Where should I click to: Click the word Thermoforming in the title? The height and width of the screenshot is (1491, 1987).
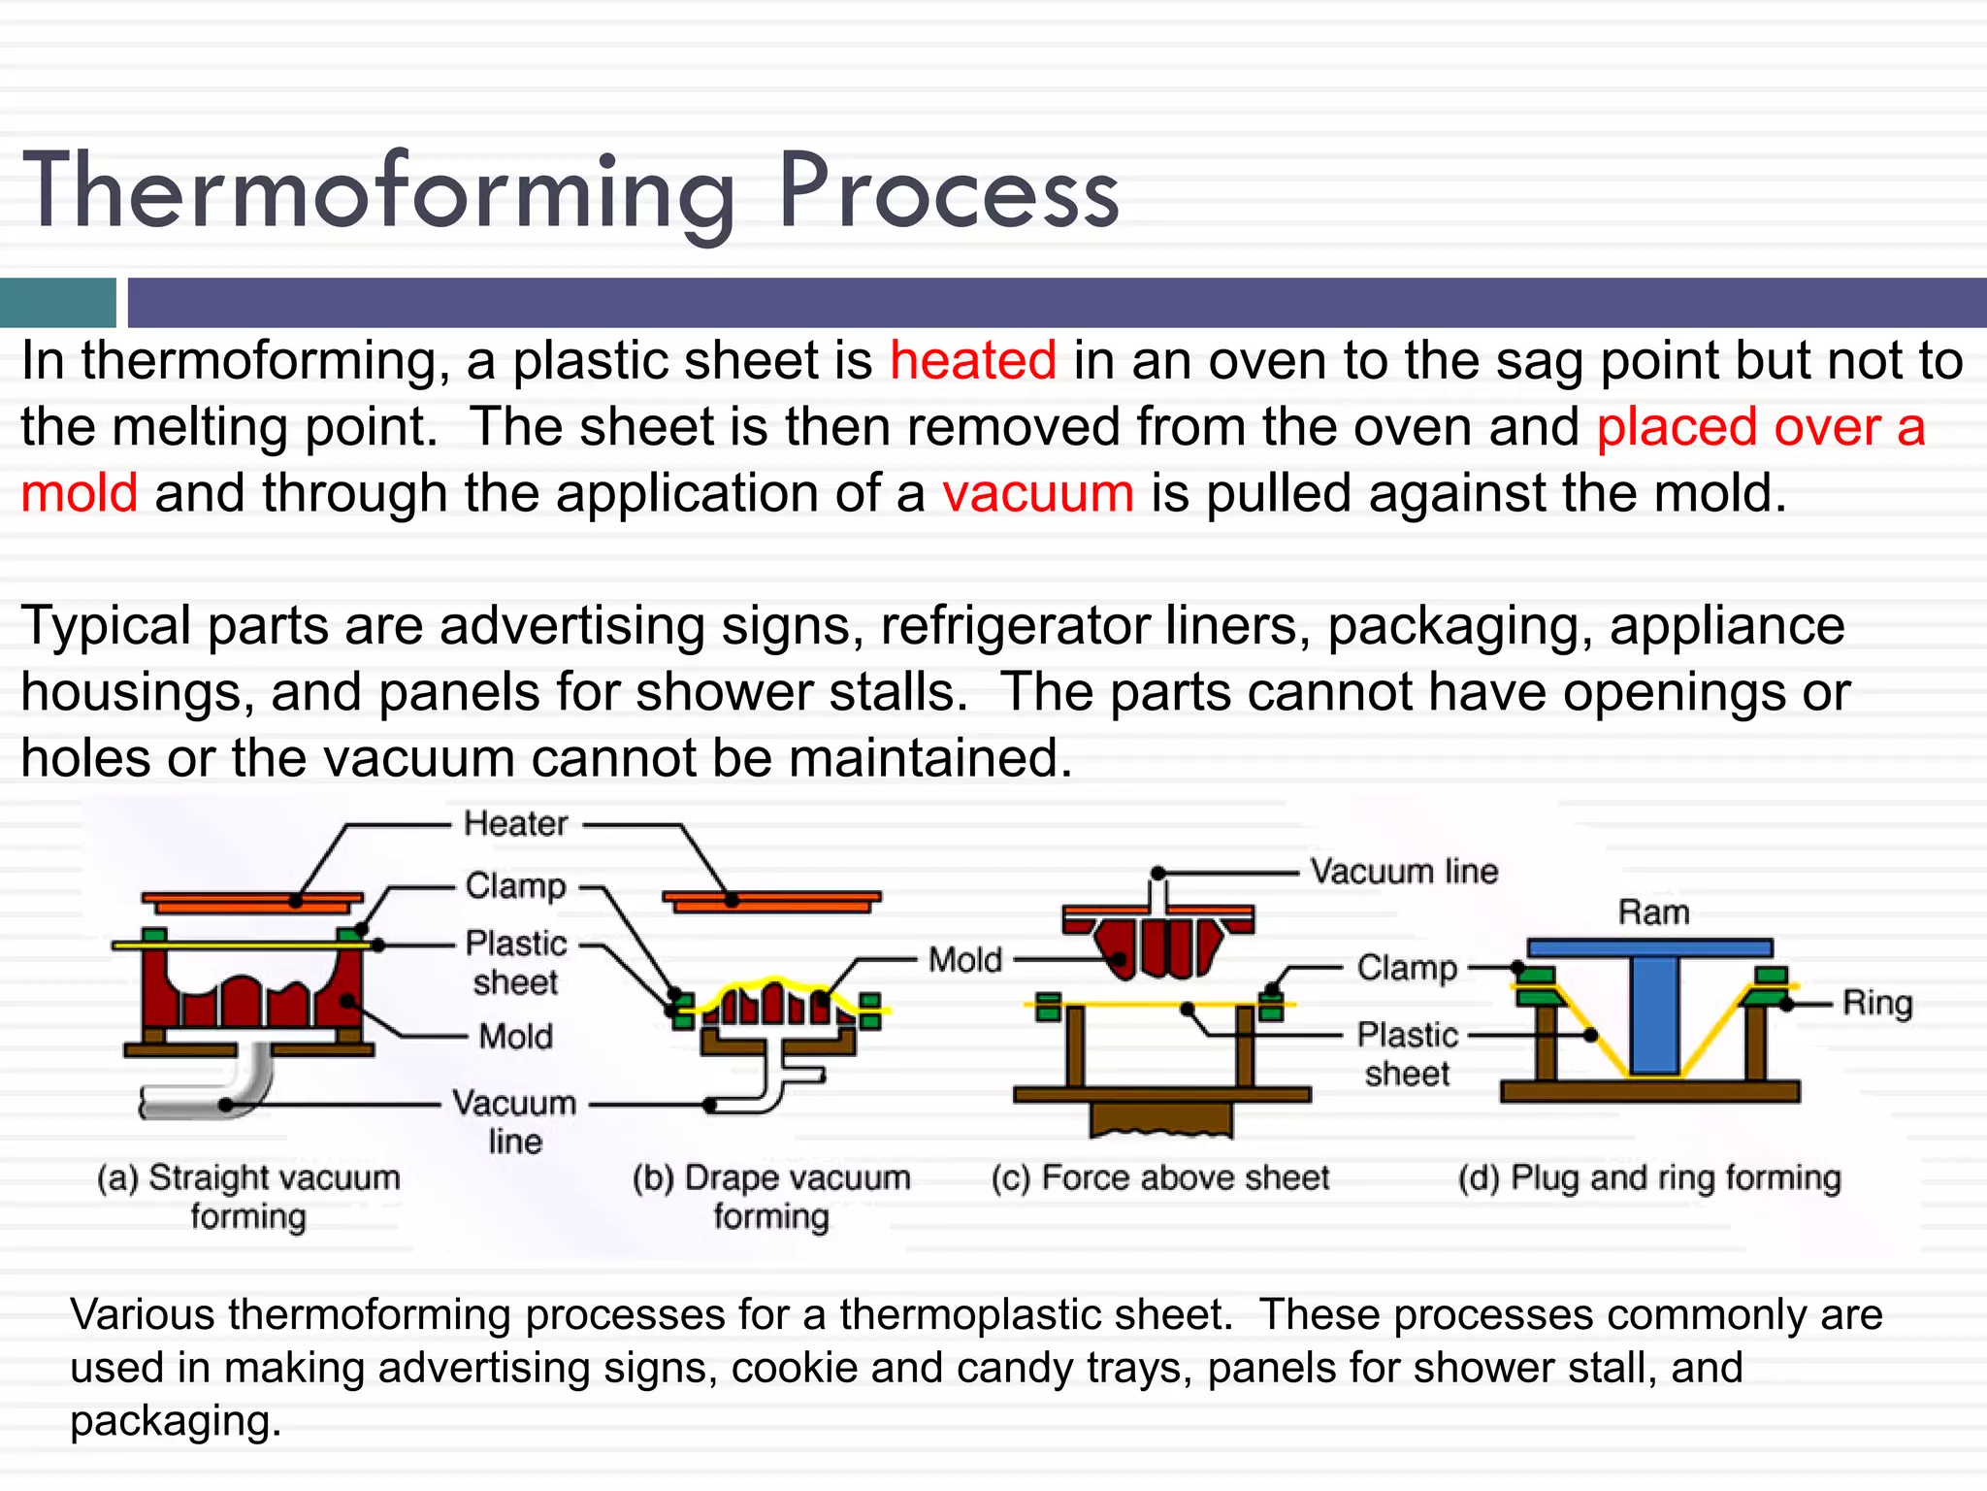(x=378, y=192)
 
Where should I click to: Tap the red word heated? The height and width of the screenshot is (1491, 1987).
(x=973, y=361)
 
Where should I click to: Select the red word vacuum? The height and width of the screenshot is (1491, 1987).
(x=1037, y=493)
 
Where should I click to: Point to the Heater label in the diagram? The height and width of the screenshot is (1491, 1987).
(x=515, y=824)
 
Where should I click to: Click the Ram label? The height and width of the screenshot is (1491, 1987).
(x=1653, y=913)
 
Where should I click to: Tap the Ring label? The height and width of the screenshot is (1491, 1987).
(x=1876, y=1003)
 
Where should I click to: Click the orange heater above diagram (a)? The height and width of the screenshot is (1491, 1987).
(x=252, y=902)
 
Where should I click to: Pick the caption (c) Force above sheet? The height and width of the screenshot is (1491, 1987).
(x=1160, y=1177)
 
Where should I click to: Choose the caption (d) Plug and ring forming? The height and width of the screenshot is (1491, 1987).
(x=1648, y=1177)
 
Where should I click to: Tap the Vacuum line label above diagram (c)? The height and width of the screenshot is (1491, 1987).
(x=1403, y=872)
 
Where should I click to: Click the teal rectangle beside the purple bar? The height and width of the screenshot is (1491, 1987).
(x=57, y=303)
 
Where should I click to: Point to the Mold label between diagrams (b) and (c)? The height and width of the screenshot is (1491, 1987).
(x=964, y=960)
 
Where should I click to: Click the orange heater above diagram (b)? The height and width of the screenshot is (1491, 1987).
(x=772, y=901)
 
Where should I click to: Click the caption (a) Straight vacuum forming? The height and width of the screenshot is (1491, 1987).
(x=248, y=1196)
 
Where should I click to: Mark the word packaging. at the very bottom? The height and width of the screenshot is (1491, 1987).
(x=176, y=1421)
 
